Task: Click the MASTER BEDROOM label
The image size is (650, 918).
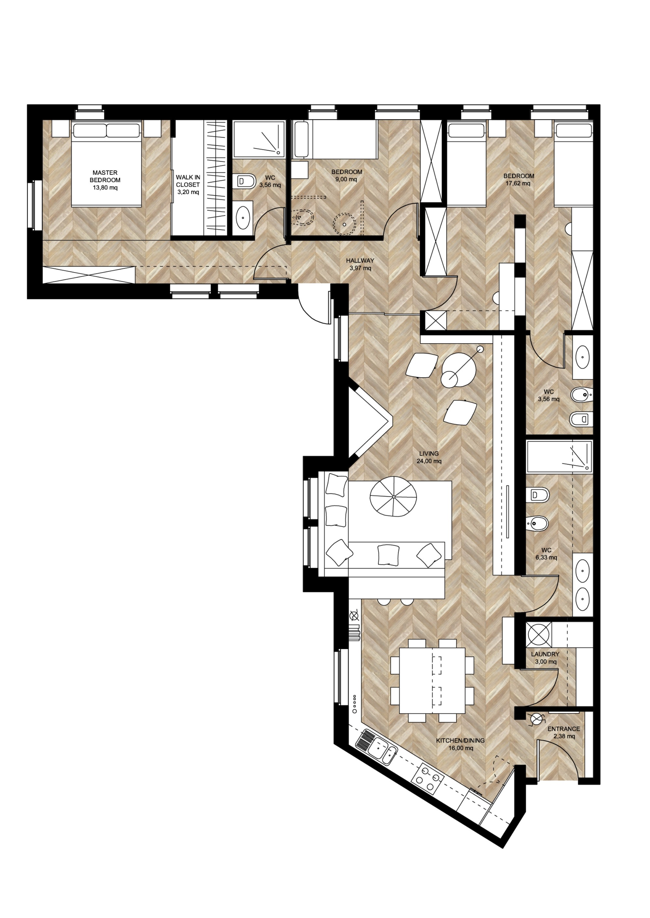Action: [105, 176]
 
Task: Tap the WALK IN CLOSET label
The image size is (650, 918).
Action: [188, 181]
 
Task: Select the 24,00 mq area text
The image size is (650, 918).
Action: [429, 461]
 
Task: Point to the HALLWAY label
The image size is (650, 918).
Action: [360, 260]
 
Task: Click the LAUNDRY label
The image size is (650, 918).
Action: [545, 654]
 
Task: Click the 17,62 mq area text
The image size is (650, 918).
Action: [518, 183]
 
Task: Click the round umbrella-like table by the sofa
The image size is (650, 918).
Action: [394, 497]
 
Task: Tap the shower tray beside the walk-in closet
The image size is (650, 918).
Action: [259, 139]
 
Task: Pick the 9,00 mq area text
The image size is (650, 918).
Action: [347, 179]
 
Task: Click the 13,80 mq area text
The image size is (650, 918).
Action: [105, 187]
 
